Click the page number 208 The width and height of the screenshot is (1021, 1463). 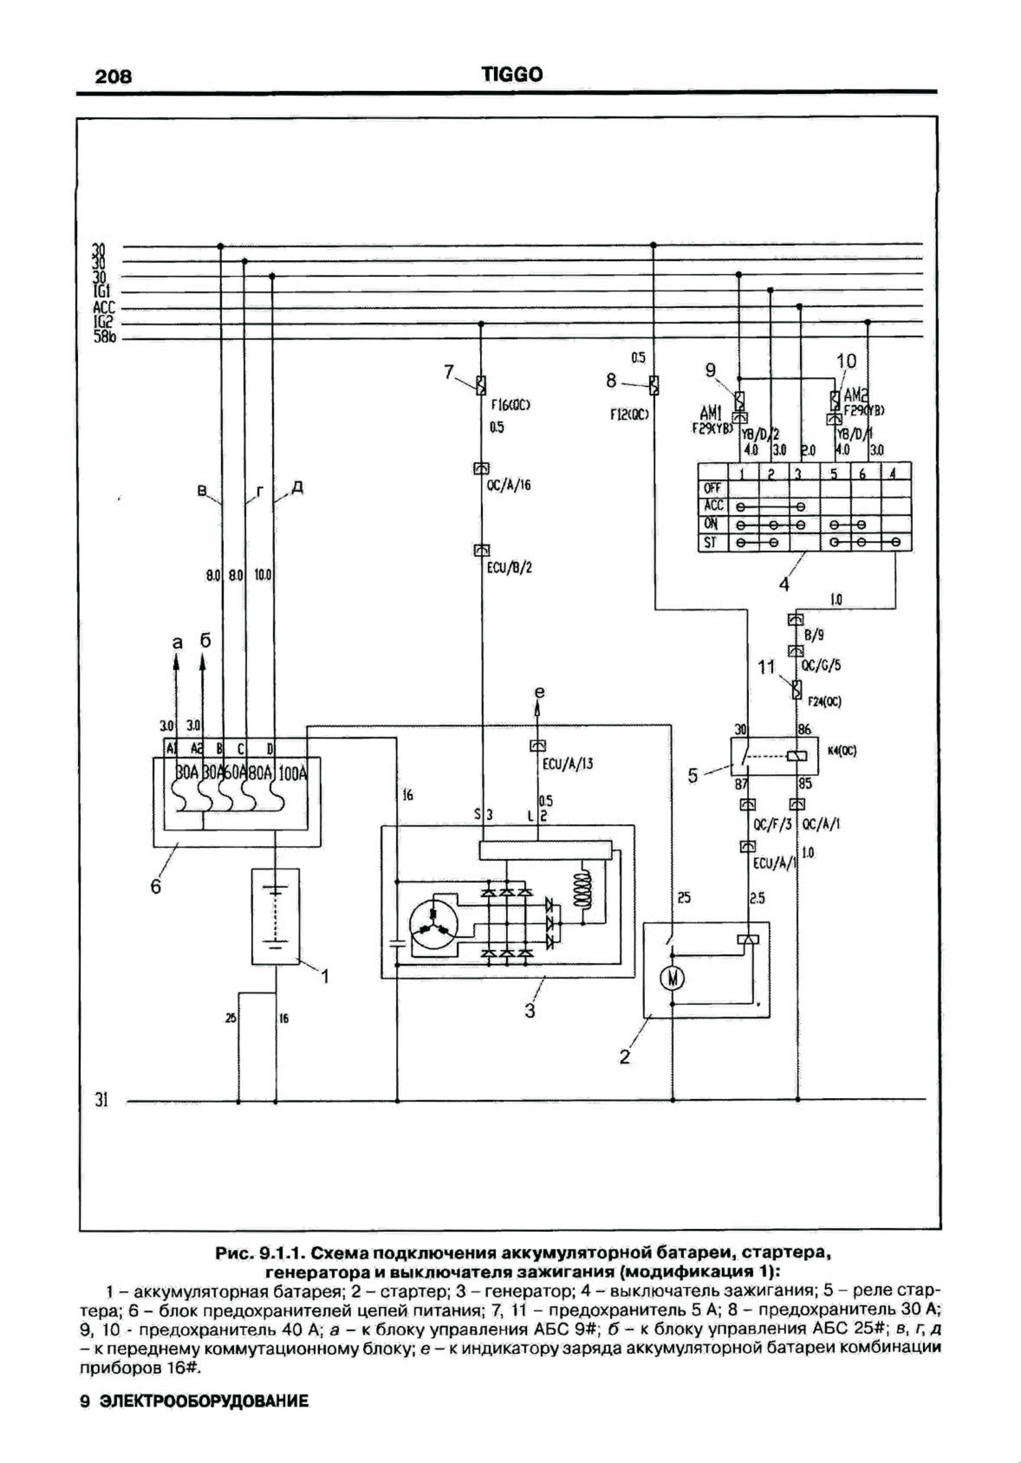coord(113,77)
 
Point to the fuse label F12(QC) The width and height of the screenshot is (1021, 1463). coord(629,415)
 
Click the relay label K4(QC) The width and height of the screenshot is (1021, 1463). coord(841,751)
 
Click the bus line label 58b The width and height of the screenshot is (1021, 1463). coord(104,339)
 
